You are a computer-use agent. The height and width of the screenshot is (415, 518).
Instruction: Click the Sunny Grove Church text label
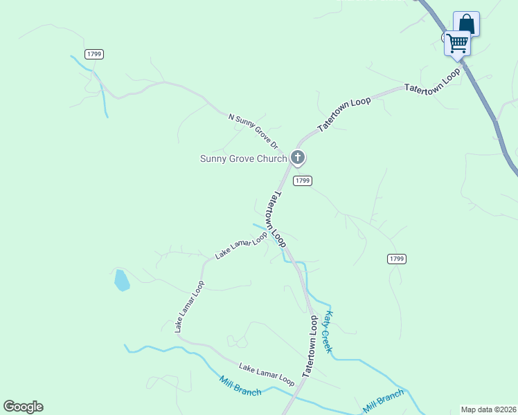click(243, 158)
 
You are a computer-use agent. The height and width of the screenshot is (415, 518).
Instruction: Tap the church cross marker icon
click(298, 158)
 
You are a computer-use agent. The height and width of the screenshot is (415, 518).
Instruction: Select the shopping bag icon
click(467, 24)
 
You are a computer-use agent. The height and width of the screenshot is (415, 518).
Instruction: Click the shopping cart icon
click(457, 43)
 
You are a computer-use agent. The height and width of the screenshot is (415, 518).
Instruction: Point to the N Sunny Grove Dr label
click(253, 131)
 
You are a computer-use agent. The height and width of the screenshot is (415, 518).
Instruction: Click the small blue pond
click(121, 280)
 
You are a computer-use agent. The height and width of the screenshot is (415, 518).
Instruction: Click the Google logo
click(23, 407)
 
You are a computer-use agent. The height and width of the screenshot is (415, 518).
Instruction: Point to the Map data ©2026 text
click(488, 409)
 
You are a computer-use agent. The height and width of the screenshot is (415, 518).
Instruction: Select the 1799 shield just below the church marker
click(302, 181)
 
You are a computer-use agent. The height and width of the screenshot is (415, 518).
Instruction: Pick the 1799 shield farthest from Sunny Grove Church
click(95, 54)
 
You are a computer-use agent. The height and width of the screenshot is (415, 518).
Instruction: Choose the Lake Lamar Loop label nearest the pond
click(189, 307)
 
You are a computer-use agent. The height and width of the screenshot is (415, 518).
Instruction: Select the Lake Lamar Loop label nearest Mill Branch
click(267, 373)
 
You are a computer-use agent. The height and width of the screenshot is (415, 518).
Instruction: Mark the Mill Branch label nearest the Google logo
click(240, 386)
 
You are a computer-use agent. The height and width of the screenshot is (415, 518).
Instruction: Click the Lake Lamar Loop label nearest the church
click(241, 246)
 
